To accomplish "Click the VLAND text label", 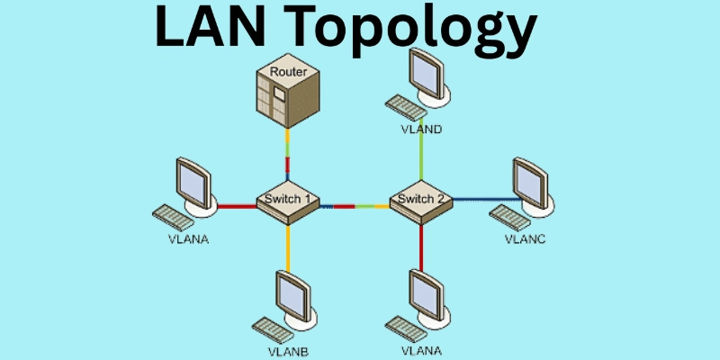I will pyautogui.click(x=421, y=130).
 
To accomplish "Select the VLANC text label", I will pyautogui.click(x=526, y=239).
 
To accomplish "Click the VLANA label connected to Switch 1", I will pyautogui.click(x=187, y=240).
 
